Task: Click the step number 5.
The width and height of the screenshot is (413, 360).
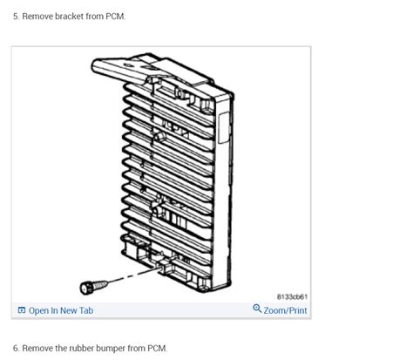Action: tap(16, 17)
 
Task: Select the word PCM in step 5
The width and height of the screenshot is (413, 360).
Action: tap(115, 17)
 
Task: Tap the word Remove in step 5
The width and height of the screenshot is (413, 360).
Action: tap(37, 17)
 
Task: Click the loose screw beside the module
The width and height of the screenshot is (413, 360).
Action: tap(88, 286)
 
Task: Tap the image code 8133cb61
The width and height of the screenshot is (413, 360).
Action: tap(292, 296)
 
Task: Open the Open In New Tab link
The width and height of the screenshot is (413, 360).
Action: tap(60, 310)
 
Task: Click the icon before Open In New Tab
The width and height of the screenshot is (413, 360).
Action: tap(22, 310)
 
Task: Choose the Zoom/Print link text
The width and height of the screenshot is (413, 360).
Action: tap(285, 310)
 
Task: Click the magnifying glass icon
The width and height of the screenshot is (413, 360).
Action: tap(257, 309)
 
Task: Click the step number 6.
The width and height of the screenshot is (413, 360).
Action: tap(16, 348)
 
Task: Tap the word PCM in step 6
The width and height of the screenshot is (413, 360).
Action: tap(157, 348)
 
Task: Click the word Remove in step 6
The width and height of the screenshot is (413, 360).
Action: tap(37, 348)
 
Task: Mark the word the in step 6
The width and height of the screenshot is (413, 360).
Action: tap(61, 348)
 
